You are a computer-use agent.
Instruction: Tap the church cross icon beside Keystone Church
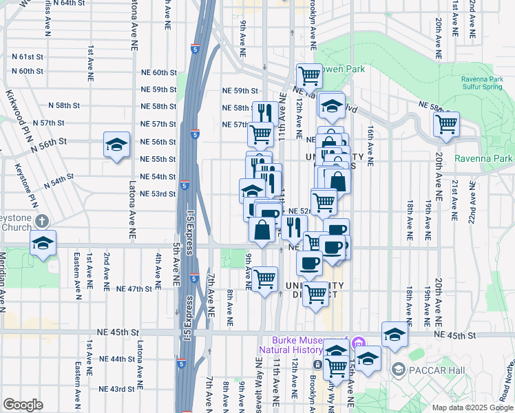click(x=42, y=221)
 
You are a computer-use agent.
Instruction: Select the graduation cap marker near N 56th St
click(x=116, y=145)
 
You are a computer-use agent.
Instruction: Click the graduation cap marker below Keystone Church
click(x=43, y=244)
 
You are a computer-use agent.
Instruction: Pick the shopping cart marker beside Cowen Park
click(x=309, y=76)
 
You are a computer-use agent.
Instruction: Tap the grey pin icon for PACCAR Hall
click(x=398, y=370)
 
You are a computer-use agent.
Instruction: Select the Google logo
click(x=23, y=405)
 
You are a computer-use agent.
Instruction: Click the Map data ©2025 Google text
click(x=472, y=407)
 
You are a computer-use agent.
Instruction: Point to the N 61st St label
click(x=27, y=56)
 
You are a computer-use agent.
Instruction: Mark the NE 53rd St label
click(x=158, y=194)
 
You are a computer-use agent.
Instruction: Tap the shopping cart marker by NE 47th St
click(x=264, y=279)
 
